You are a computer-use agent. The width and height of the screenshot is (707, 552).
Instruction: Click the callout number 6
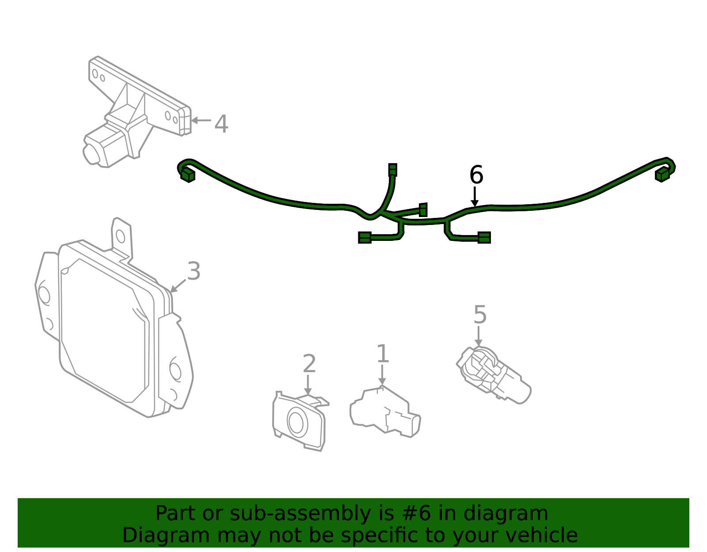(476, 175)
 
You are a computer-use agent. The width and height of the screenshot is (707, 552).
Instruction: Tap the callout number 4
(221, 124)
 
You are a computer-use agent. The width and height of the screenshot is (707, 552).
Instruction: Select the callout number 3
(194, 271)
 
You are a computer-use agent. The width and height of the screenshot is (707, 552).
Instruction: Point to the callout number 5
(480, 315)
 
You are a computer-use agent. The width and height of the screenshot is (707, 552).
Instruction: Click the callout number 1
(383, 354)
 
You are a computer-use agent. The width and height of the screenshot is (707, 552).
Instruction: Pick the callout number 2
(309, 364)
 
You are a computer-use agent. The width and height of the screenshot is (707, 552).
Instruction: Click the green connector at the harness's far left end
(188, 175)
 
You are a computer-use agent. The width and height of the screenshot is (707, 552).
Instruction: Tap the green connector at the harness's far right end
(662, 175)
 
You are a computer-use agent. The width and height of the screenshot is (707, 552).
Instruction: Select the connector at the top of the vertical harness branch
(392, 170)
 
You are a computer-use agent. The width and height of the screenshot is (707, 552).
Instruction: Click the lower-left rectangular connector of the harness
(365, 238)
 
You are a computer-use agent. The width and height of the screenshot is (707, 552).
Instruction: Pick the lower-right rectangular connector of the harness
(484, 238)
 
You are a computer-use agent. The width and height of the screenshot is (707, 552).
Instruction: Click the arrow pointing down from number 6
(475, 197)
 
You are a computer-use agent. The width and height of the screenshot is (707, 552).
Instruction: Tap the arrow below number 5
(478, 336)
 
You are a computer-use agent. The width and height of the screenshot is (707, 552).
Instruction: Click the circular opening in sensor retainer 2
(296, 421)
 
